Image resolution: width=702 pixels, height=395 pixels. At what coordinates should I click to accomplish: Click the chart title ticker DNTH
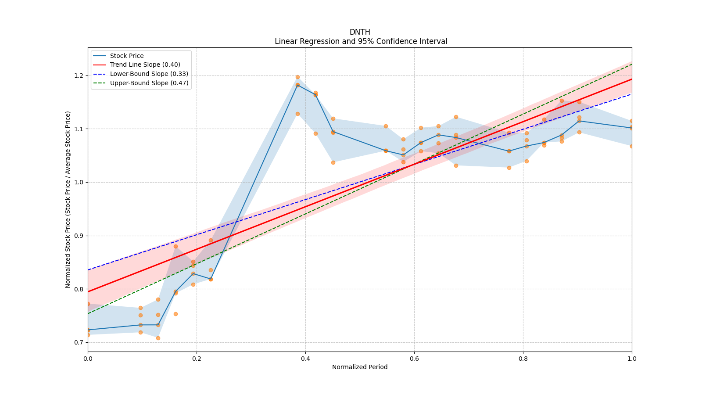coord(360,32)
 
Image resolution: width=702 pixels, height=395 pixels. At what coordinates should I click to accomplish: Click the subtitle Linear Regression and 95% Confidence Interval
coord(361,41)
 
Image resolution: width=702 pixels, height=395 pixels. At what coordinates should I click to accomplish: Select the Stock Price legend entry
coord(127,56)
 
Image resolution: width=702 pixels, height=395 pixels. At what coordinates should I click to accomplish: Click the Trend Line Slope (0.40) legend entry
coord(145,65)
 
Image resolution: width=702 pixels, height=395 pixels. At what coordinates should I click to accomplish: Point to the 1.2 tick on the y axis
coord(79,75)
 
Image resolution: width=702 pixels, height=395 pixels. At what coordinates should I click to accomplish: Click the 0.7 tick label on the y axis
coord(79,342)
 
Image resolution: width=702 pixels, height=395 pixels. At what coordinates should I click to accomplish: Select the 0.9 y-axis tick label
coord(79,236)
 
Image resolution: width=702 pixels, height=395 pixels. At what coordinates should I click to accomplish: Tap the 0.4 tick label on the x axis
coord(305,359)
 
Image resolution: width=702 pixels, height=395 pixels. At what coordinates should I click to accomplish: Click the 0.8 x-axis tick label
coord(523,359)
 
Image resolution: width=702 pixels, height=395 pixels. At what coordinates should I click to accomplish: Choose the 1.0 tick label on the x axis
coord(632,359)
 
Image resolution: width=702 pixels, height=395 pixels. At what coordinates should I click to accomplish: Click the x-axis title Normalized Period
coord(360,367)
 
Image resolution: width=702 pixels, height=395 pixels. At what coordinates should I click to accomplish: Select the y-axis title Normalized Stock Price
coord(68,199)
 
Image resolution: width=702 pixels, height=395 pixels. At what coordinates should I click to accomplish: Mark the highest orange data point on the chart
coord(297,77)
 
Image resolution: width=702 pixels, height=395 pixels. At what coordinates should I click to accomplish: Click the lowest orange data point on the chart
coord(158,338)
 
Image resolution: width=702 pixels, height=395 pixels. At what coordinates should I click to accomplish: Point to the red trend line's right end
coord(631,79)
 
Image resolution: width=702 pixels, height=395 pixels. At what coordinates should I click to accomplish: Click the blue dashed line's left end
coord(88,269)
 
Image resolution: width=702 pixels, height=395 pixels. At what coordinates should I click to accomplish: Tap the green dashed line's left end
coord(88,313)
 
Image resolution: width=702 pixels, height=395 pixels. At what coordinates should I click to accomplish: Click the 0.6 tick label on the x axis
coord(414,359)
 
